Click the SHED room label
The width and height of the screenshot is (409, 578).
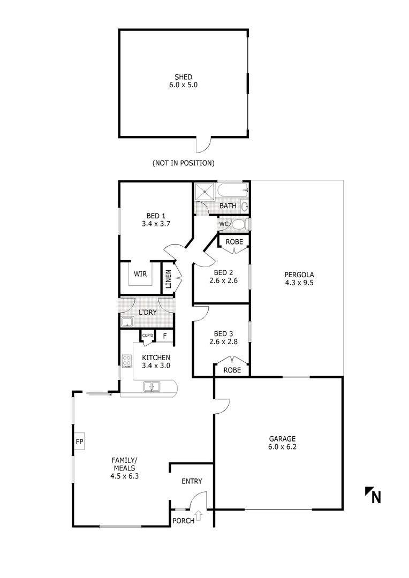pos(183,77)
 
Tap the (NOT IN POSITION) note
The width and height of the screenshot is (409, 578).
pos(183,163)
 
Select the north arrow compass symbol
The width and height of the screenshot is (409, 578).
pos(373,496)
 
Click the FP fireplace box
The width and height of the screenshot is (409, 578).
pos(79,442)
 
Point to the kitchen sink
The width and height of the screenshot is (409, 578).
pos(152,386)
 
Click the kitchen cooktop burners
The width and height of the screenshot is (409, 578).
pos(127,362)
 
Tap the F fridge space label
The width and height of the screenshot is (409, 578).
pos(165,337)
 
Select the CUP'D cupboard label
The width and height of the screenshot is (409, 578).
pos(147,336)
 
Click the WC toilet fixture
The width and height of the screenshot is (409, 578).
pos(239,224)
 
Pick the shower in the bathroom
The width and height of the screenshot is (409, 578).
pos(203,192)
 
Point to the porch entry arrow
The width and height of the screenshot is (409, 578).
pos(199,516)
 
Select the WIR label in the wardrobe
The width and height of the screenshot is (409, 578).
pos(140,274)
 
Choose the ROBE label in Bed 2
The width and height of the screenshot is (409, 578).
pos(234,242)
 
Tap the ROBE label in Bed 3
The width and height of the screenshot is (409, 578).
pos(232,370)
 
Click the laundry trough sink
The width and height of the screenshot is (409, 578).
pos(127,322)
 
